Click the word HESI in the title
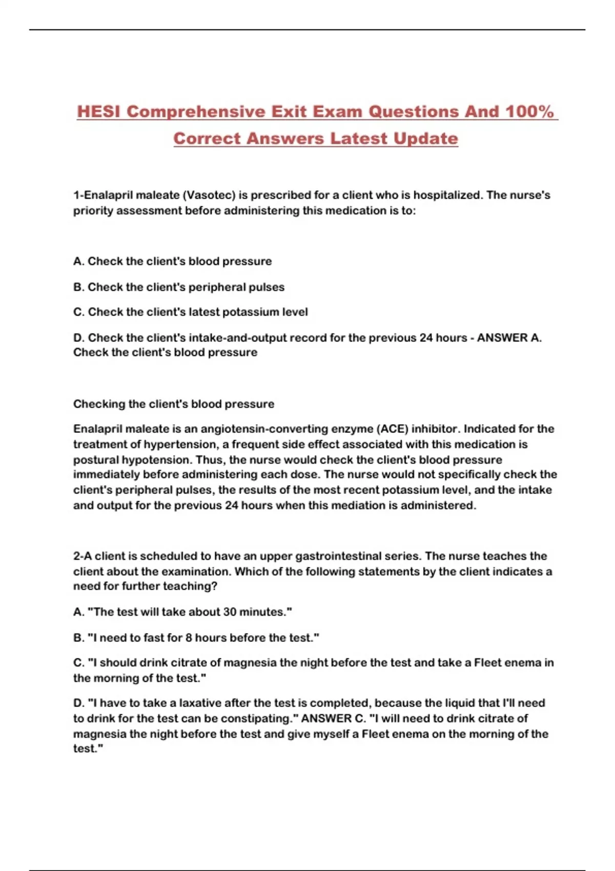tap(99, 112)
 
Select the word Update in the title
tap(425, 138)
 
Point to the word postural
tap(96, 460)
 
